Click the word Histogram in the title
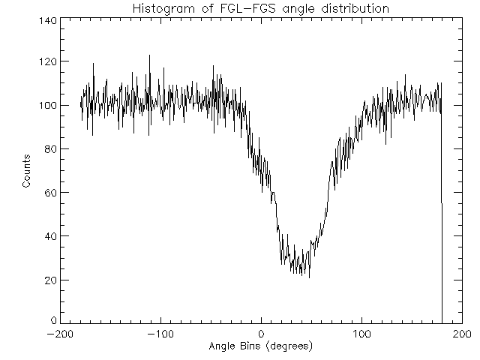click(x=160, y=8)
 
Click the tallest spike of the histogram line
click(x=149, y=55)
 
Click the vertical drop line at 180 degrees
click(x=442, y=225)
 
